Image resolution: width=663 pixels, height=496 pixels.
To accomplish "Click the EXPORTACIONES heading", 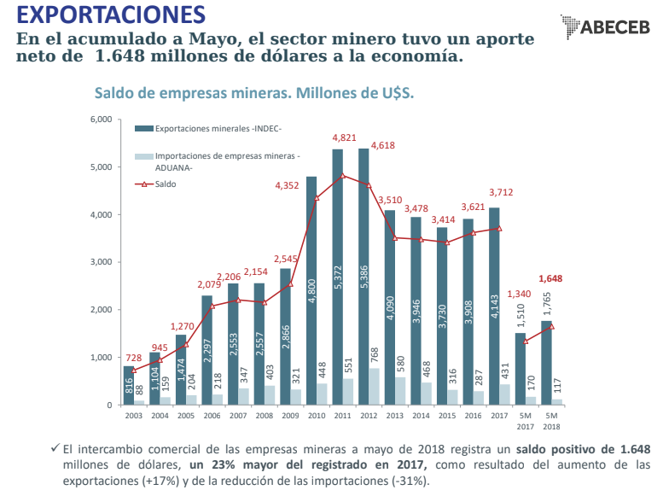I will point(111,15).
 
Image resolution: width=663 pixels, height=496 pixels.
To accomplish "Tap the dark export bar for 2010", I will point(311,290).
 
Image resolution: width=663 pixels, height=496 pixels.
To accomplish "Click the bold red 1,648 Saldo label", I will point(550,278).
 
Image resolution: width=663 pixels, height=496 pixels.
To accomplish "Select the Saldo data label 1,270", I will point(183,326).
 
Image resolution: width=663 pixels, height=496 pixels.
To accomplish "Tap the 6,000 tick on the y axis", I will point(101,120).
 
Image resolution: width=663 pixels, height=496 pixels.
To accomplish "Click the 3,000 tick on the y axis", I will point(101,262).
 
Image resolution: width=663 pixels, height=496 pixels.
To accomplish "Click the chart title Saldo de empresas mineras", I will point(253,92).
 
